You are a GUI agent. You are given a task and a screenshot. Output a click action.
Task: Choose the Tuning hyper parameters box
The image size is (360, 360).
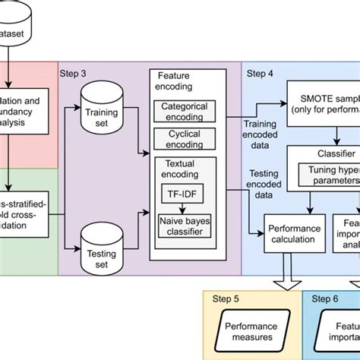[x=327, y=175]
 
